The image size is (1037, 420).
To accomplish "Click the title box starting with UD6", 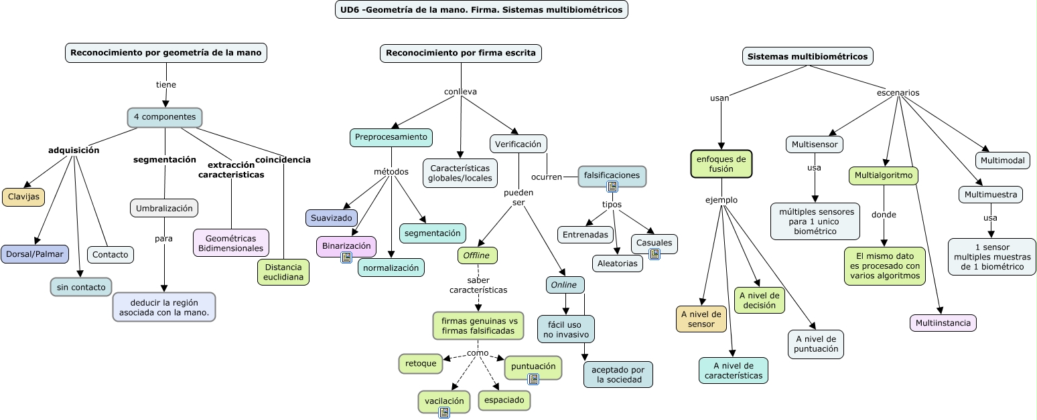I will point(481,9).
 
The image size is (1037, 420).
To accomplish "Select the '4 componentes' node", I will point(165,117).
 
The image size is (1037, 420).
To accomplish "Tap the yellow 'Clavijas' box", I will point(23,197).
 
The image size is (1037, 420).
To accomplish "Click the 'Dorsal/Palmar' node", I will point(35,254).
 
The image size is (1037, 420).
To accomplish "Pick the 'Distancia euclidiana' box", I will point(283,272).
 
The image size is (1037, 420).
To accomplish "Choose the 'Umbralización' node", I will point(164,208).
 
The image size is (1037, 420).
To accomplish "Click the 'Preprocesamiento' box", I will point(391,137).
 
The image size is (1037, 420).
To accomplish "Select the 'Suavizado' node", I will point(331,218).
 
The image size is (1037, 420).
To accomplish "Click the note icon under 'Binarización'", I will point(346,257).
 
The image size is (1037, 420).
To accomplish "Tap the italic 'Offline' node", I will point(477,255).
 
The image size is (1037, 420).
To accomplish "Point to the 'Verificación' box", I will point(518,144).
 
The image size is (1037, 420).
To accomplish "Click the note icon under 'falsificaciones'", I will point(612,187).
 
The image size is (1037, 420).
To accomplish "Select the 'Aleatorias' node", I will point(617,264).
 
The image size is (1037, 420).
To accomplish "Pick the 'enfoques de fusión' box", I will point(721,164).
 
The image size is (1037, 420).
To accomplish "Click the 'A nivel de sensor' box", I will point(701,319).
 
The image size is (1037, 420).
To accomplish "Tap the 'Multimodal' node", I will point(1002,161).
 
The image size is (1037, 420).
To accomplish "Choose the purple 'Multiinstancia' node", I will point(943,323).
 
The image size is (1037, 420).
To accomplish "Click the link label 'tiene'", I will point(165,85).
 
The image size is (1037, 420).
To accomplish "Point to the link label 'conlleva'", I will point(460,92).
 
